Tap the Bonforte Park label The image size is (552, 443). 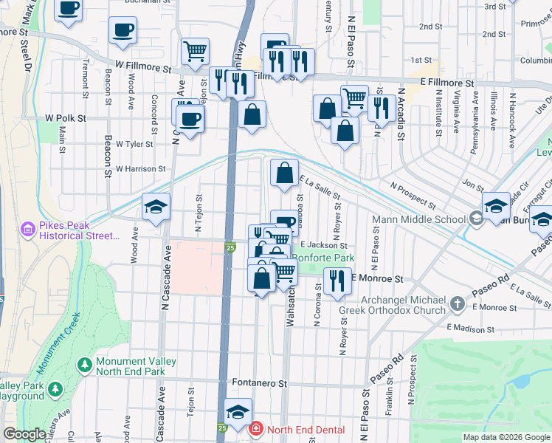(x=323, y=258)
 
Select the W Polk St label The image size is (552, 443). (x=66, y=117)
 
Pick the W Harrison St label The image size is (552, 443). (x=140, y=169)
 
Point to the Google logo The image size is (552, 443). (x=24, y=434)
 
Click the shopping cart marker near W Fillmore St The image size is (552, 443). (x=196, y=51)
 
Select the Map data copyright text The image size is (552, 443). (x=506, y=437)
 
